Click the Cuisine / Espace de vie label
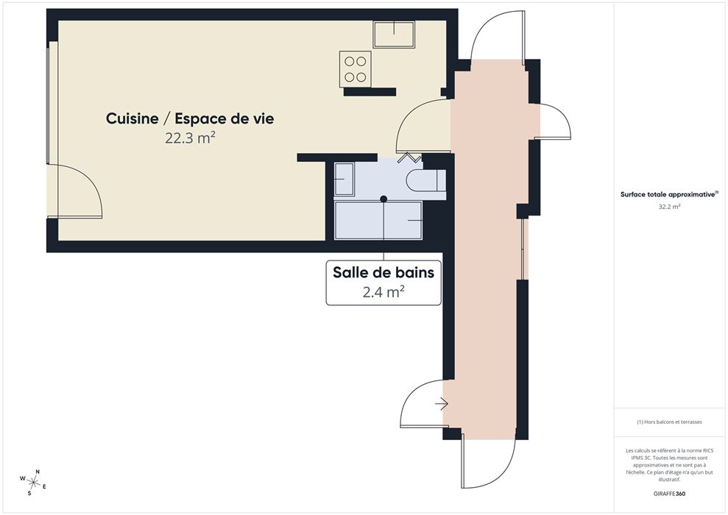(190, 118)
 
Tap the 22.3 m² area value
(190, 138)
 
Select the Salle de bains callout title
(384, 272)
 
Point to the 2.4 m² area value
(384, 292)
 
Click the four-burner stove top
(356, 68)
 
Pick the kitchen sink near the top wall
(394, 34)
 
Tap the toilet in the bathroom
(425, 180)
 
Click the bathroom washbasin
(344, 179)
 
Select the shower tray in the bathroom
(378, 221)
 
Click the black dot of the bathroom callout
(384, 199)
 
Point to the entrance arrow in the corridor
(442, 405)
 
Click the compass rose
(32, 482)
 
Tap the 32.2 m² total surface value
(669, 207)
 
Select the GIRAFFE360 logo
(669, 494)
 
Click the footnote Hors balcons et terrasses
(669, 422)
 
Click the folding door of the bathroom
(409, 157)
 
